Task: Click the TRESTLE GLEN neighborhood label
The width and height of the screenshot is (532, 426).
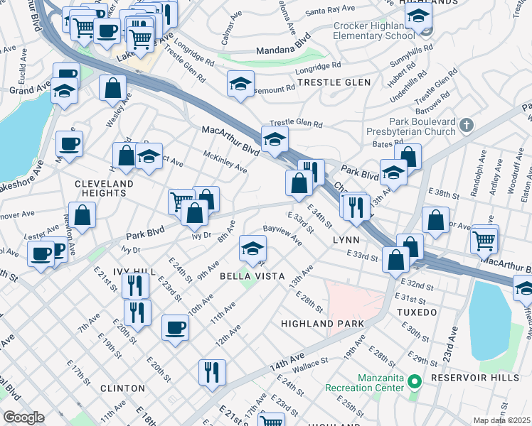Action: [x=334, y=82]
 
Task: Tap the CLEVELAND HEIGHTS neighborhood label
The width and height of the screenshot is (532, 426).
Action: [x=104, y=188]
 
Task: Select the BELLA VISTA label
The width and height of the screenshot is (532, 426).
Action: [x=252, y=275]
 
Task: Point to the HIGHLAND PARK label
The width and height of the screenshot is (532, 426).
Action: [x=322, y=323]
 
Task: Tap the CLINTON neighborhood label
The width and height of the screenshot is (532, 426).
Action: [x=122, y=388]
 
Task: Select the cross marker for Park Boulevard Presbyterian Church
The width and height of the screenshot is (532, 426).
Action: [x=467, y=125]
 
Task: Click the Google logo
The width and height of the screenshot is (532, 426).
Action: [x=23, y=417]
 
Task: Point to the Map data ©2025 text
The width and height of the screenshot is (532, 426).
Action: [x=501, y=420]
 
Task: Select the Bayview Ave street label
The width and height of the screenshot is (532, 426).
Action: [x=282, y=235]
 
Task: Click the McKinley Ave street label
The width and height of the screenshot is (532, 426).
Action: [x=225, y=161]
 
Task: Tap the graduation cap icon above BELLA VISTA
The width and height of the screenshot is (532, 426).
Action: [x=252, y=248]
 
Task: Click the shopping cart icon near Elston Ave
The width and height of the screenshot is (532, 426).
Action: [x=484, y=239]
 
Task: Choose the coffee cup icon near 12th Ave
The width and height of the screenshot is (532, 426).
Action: [x=175, y=327]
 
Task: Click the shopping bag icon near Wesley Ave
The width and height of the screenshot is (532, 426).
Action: [x=112, y=89]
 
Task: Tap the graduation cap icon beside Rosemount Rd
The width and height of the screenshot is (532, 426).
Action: [x=240, y=84]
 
